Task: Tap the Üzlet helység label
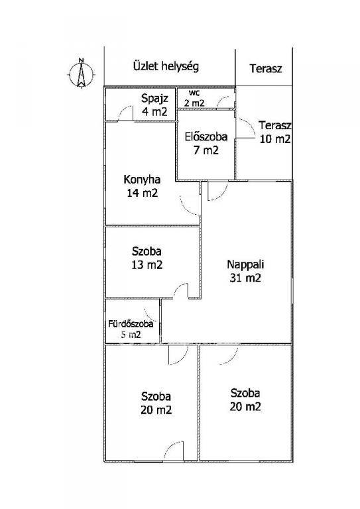click(x=166, y=66)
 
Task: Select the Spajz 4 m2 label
click(x=155, y=105)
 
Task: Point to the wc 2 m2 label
click(x=194, y=98)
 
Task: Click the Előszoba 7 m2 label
click(x=206, y=143)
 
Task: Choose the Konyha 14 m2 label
click(x=142, y=186)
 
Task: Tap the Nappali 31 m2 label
click(x=245, y=271)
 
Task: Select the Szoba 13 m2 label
click(x=147, y=258)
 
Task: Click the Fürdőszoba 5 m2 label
click(x=131, y=329)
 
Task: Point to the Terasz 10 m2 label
click(x=274, y=132)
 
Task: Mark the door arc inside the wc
click(x=225, y=101)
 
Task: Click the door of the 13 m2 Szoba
click(x=181, y=290)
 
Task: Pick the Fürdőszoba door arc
click(x=151, y=314)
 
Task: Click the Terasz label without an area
click(x=266, y=68)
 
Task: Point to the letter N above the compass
click(x=81, y=60)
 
